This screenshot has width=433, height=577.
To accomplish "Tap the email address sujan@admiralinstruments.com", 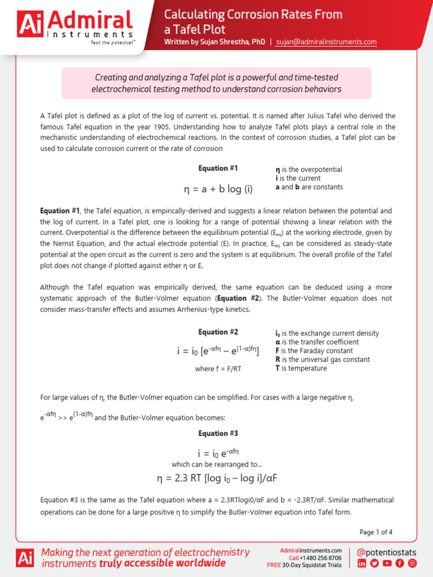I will coord(326,42).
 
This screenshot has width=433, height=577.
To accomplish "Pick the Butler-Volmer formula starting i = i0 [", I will coord(218,352).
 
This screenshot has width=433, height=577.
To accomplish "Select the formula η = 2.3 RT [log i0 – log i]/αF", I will coord(218,478).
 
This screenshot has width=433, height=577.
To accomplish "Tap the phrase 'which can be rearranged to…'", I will coord(218,464).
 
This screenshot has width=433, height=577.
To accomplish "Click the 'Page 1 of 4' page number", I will coord(375,531).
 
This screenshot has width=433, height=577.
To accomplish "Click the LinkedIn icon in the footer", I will coord(362,563).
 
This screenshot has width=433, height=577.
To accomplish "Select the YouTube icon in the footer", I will coord(387,563).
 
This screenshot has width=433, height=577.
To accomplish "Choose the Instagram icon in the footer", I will coord(412,563).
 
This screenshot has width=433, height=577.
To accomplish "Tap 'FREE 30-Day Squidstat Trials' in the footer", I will coord(304,565).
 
